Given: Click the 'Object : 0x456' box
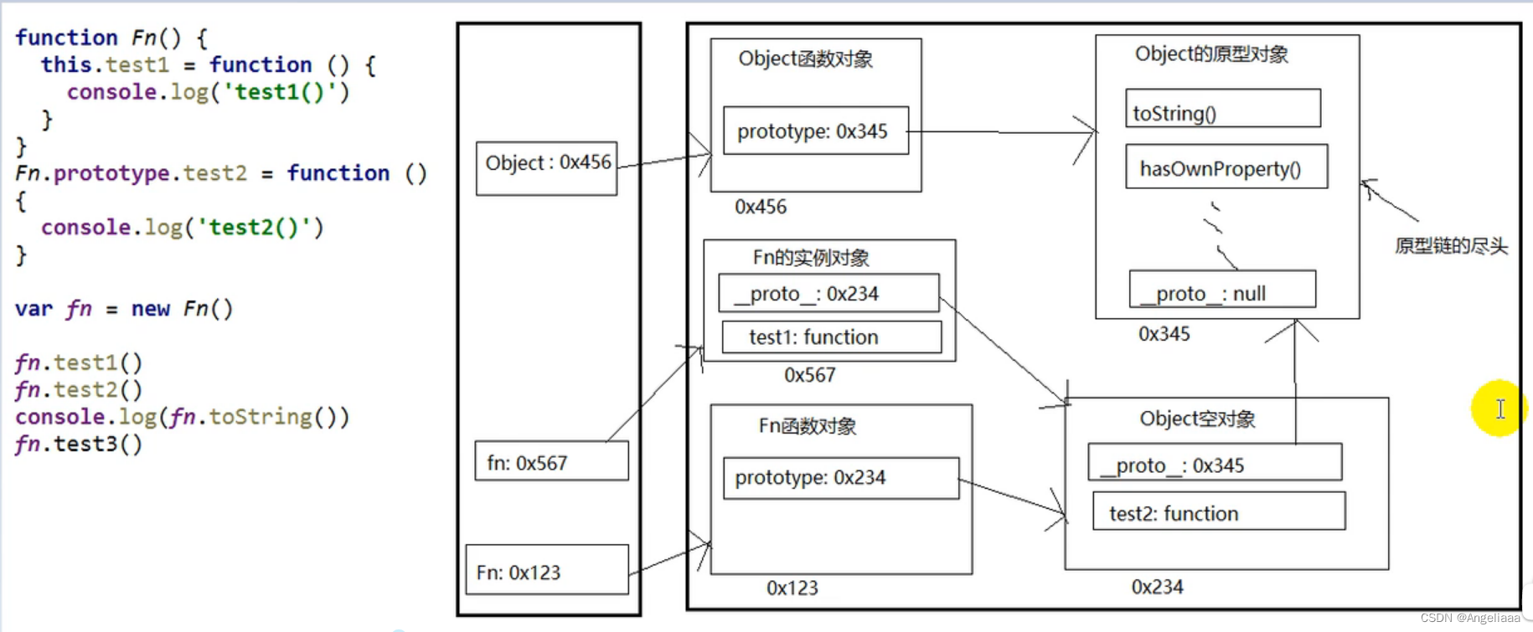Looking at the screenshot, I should click(546, 168).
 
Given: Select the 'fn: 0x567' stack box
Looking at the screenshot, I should click(551, 461).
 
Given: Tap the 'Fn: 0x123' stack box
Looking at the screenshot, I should click(546, 570).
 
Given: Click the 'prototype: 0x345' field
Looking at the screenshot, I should click(815, 131).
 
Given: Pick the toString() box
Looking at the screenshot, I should click(1222, 109).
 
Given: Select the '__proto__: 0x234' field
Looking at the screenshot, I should click(828, 293).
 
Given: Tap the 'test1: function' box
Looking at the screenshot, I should click(830, 337).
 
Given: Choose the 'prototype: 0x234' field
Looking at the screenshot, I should click(840, 478).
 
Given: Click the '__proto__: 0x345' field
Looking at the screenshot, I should click(1214, 463).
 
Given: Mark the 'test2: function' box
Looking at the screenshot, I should click(1218, 511).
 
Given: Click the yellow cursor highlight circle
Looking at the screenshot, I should click(1499, 408).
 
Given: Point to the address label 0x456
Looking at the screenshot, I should click(760, 207).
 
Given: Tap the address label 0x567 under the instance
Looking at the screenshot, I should click(809, 375).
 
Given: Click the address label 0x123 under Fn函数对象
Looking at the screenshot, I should click(792, 588).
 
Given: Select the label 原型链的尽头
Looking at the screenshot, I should click(1450, 246).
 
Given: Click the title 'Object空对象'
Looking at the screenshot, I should click(1196, 419).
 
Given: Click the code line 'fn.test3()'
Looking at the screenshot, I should click(79, 444).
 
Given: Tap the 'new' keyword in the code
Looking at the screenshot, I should click(150, 309).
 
